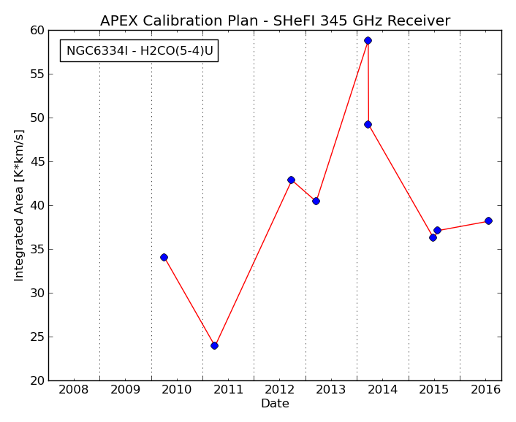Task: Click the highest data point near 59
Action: pos(368,40)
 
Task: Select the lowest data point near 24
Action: pos(214,345)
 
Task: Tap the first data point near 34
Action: pos(164,257)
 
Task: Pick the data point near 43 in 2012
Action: pos(291,180)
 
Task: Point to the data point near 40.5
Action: pos(316,201)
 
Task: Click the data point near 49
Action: pos(368,125)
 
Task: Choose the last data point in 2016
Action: pos(488,221)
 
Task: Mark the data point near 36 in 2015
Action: pos(433,237)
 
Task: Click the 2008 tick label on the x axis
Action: pos(73,390)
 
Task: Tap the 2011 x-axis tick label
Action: pos(228,390)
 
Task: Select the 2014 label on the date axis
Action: pos(382,390)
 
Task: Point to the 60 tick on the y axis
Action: pos(37,30)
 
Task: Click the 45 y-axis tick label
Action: pos(37,161)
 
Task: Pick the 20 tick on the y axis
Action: pos(37,380)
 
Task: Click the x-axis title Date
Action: pos(275,403)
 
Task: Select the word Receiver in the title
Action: pos(419,20)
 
